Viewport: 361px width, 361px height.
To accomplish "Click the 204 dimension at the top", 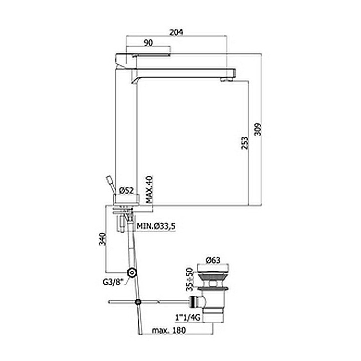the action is click(x=176, y=32).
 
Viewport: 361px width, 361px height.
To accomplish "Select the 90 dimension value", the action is click(x=148, y=43).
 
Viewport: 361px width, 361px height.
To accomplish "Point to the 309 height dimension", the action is click(x=258, y=129).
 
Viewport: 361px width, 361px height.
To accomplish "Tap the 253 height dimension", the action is click(x=245, y=143).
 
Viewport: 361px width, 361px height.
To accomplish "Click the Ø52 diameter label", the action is click(x=127, y=191).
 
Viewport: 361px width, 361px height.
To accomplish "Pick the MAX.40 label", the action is click(x=149, y=190).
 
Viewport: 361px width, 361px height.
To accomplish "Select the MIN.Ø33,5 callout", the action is click(x=156, y=226).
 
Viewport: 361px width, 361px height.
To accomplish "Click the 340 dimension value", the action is click(x=103, y=239).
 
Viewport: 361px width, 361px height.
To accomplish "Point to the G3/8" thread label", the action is click(x=113, y=282).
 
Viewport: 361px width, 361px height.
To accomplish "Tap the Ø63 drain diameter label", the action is click(x=213, y=260).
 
